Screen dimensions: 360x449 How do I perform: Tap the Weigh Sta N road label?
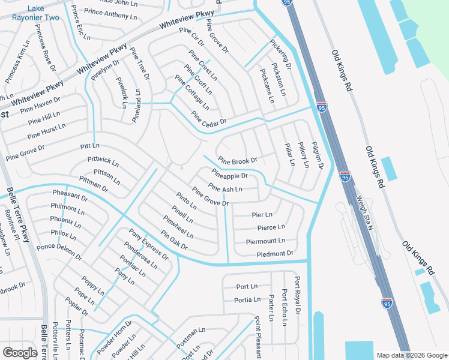pyautogui.click(x=363, y=211)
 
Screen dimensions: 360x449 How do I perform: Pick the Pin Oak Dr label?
pyautogui.click(x=174, y=240)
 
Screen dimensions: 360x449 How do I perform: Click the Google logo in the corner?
pyautogui.click(x=20, y=352)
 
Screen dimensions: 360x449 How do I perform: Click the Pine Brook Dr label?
pyautogui.click(x=237, y=161)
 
